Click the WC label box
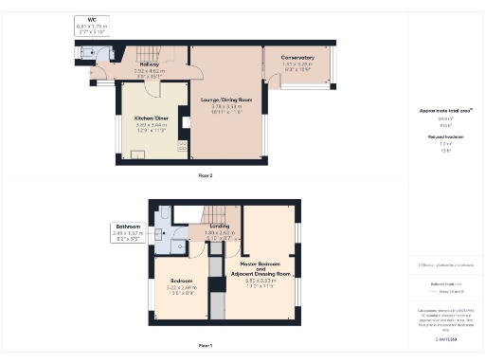(91, 26)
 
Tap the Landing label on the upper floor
(220, 226)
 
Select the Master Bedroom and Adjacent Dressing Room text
(260, 268)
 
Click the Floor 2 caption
(206, 176)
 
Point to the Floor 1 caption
(205, 346)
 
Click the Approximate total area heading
(445, 111)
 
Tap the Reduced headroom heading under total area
(445, 136)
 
